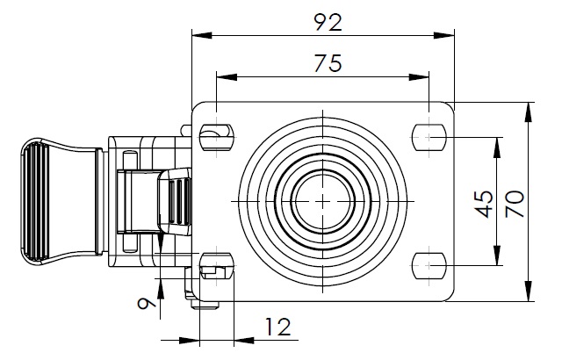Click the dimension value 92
click(x=327, y=22)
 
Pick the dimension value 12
click(x=277, y=328)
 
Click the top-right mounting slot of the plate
click(x=428, y=137)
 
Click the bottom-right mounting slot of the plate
click(x=428, y=264)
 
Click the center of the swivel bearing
click(x=322, y=201)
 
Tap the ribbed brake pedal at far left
click(x=40, y=200)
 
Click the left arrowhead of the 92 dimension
click(x=197, y=36)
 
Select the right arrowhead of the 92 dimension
click(x=450, y=36)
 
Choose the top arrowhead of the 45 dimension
click(x=498, y=142)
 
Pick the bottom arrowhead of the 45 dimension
click(x=498, y=259)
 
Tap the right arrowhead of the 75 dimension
click(x=422, y=76)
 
